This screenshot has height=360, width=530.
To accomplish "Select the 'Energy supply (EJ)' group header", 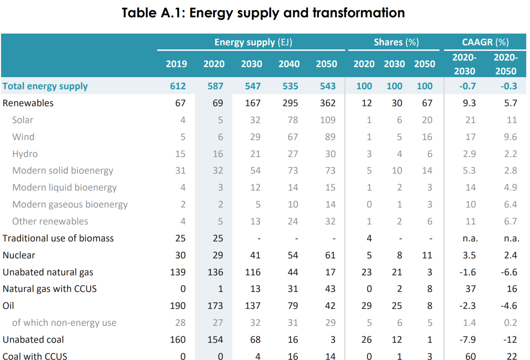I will click(x=253, y=42).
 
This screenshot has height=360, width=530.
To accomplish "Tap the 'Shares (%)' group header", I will click(x=396, y=42).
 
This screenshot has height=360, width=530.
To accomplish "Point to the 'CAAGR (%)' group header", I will click(x=485, y=42).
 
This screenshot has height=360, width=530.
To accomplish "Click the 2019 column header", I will click(x=176, y=64).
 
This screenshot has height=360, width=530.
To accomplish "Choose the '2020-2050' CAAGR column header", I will click(x=505, y=64).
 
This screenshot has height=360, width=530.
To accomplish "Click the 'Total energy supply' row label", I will click(x=45, y=86).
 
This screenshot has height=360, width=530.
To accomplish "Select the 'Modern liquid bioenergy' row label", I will click(x=65, y=187).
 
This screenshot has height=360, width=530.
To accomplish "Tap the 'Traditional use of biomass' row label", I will click(x=58, y=238).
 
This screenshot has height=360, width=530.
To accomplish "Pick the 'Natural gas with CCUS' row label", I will click(x=50, y=289).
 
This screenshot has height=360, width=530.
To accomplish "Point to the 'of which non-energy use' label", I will click(x=64, y=323).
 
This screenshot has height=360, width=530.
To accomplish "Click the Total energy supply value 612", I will click(x=178, y=86).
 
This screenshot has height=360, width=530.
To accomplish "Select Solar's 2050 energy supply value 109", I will click(x=328, y=120).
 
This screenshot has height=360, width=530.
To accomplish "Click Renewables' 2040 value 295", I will click(x=290, y=103).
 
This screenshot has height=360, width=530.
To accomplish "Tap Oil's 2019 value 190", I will click(x=178, y=306).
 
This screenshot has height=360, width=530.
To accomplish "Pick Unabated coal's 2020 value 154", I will click(x=215, y=340).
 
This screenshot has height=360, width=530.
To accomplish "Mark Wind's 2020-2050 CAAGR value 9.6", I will click(x=510, y=137).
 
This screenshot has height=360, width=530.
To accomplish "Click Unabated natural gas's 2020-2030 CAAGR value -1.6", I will click(x=467, y=272).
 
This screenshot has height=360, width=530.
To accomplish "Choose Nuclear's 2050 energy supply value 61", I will click(x=330, y=255).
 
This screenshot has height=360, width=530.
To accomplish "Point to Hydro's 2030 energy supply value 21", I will click(x=255, y=154).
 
